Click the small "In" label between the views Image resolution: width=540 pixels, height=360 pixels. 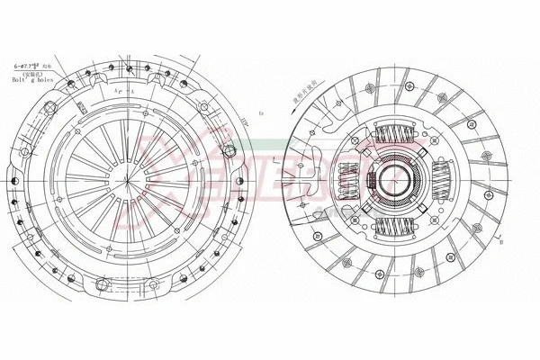point(260,113)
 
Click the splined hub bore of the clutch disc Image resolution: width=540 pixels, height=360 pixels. point(394,180)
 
